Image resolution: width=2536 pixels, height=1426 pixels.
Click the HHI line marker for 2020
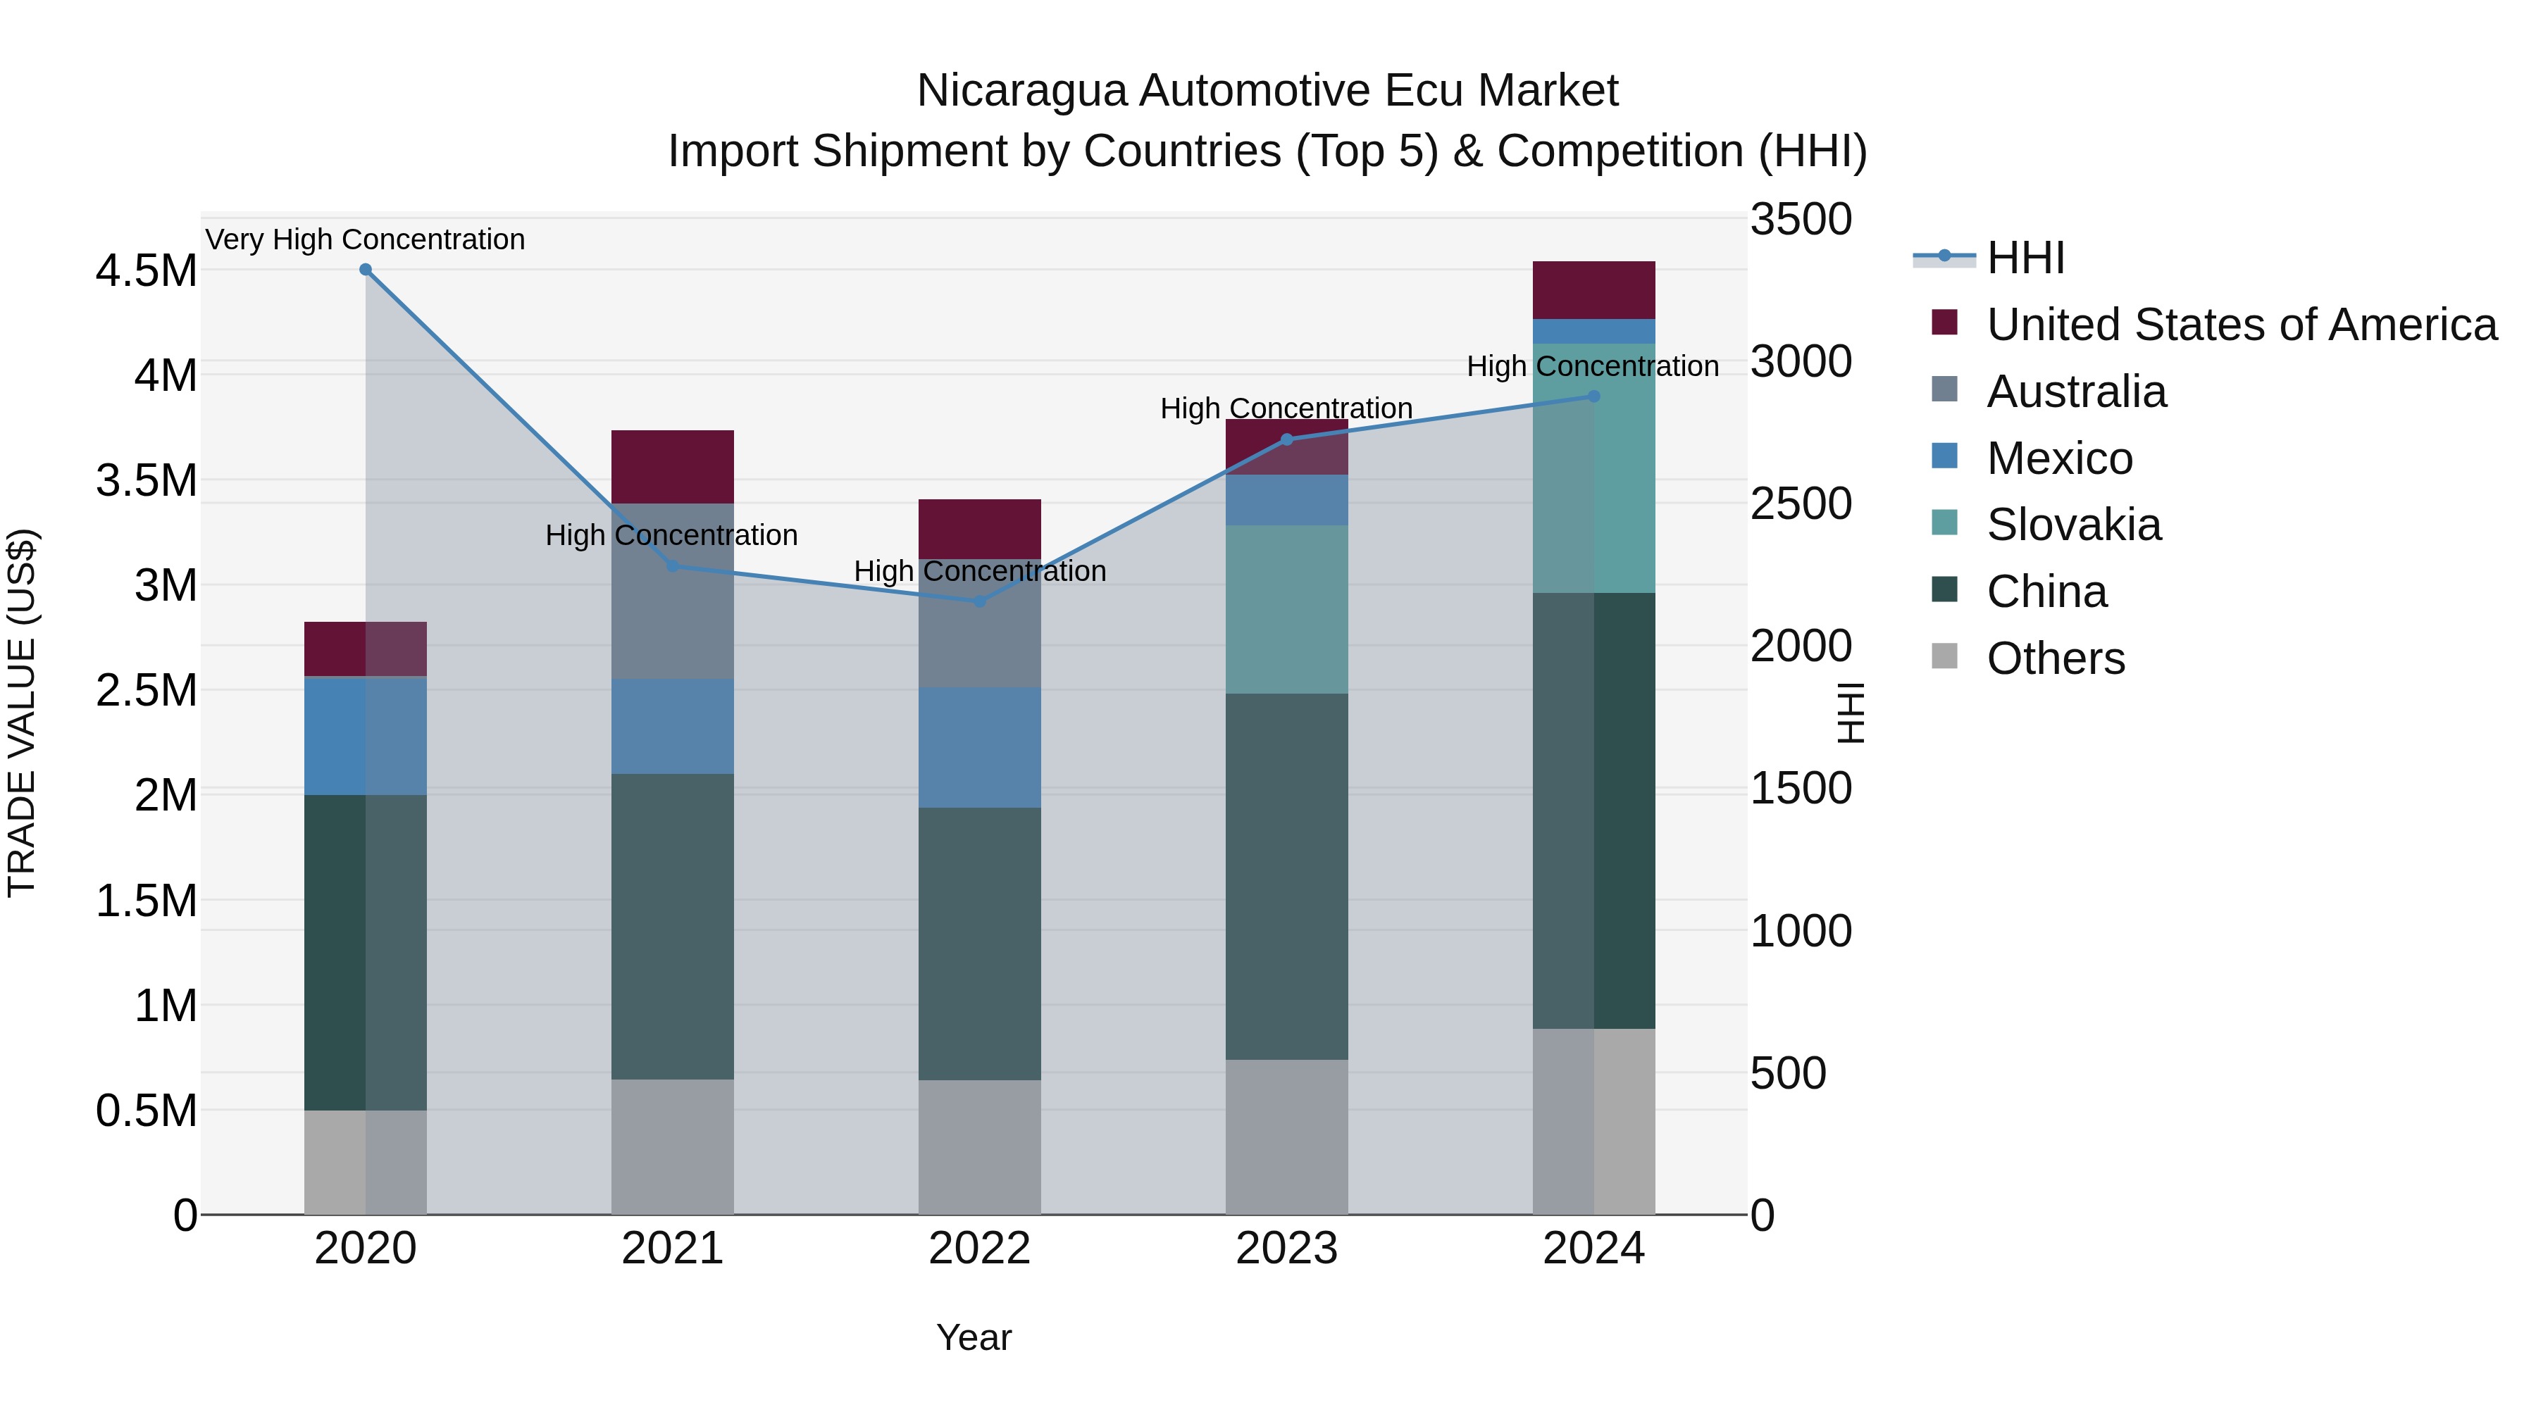(x=365, y=270)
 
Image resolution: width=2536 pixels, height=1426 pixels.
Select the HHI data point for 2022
(x=980, y=601)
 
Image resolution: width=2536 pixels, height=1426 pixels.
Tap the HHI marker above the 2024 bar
(x=1594, y=396)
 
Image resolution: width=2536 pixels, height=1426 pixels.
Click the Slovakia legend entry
(x=2072, y=525)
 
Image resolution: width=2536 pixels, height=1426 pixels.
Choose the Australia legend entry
(x=2075, y=392)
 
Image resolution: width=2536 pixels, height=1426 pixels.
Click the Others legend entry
(x=2055, y=658)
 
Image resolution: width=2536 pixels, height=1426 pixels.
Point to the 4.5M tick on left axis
(x=146, y=270)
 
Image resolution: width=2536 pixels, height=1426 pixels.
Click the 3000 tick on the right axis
(x=1801, y=362)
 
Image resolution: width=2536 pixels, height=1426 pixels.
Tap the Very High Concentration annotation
(x=365, y=239)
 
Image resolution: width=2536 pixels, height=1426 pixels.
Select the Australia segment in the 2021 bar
(x=673, y=592)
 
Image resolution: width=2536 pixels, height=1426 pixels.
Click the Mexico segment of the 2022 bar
(x=980, y=748)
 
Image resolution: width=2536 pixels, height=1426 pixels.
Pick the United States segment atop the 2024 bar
(x=1594, y=289)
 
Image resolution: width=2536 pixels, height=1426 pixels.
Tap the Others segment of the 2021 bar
(x=673, y=1146)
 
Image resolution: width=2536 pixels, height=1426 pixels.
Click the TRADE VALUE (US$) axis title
(x=23, y=713)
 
